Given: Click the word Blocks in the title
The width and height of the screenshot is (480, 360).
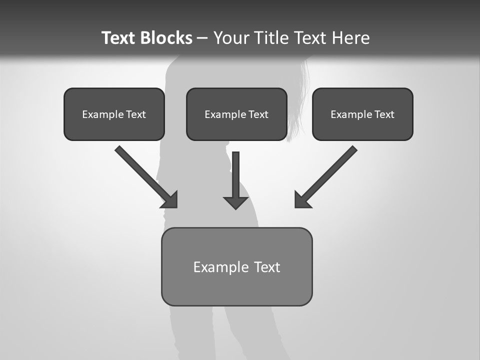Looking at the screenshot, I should click(x=167, y=38).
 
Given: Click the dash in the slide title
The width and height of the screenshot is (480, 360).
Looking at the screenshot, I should click(x=202, y=38).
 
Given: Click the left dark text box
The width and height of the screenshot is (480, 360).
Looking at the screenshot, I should click(x=114, y=127).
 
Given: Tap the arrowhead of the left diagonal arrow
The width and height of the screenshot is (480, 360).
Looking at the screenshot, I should click(x=171, y=201).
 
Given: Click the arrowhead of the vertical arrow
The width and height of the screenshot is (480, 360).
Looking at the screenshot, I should click(x=236, y=202).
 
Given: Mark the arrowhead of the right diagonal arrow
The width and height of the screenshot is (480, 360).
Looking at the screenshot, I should click(x=301, y=201).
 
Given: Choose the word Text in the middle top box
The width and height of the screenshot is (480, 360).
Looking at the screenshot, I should click(x=258, y=114).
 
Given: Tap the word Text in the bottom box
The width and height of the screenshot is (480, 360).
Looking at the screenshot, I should click(x=267, y=267).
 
